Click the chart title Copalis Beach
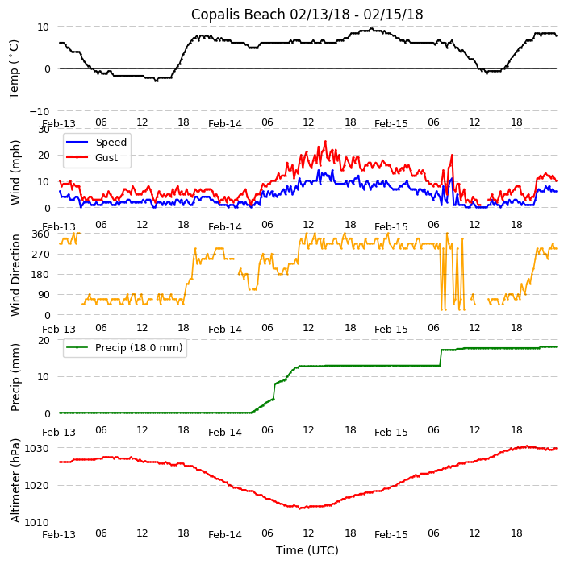(307, 15)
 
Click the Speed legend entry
(111, 143)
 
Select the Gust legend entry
(106, 157)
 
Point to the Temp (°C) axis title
(15, 68)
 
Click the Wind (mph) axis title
(15, 172)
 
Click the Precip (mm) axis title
(15, 376)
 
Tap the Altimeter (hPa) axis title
(15, 479)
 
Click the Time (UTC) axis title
(307, 550)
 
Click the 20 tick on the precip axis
(44, 340)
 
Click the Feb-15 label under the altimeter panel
(391, 534)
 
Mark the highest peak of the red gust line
(326, 142)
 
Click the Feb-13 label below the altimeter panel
(59, 534)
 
